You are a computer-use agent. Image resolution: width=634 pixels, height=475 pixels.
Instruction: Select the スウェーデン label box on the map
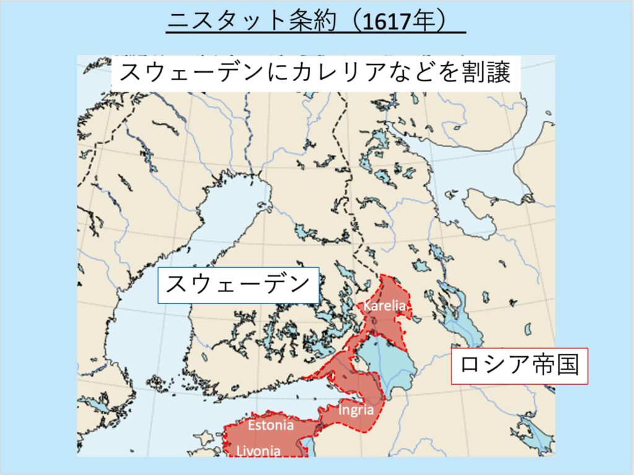pos(238,285)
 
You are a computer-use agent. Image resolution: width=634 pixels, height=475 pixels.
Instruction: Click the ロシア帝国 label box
pos(519,366)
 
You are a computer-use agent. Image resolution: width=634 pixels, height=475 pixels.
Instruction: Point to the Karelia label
pos(384,306)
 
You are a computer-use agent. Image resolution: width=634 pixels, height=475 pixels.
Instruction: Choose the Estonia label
pos(271,425)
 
